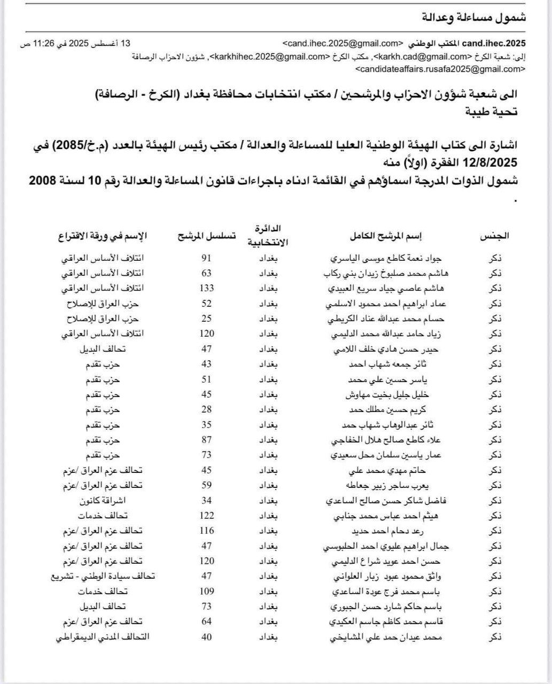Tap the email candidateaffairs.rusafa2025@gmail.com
point(440,69)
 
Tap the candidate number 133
point(206,288)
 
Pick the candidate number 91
point(206,258)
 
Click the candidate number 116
point(206,531)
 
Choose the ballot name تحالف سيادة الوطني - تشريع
point(102,576)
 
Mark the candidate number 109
point(206,592)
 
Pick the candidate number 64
point(206,621)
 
